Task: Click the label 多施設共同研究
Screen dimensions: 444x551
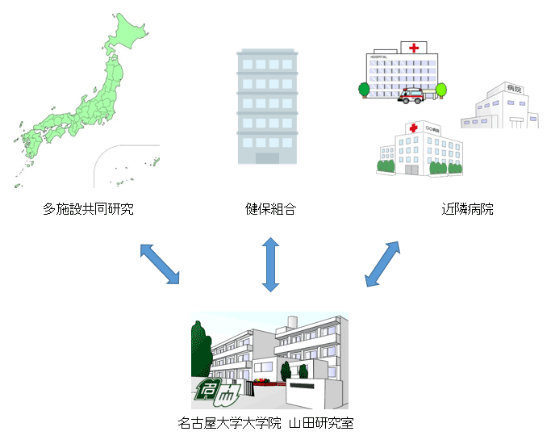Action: (88, 209)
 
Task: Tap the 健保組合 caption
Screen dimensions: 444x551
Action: (270, 209)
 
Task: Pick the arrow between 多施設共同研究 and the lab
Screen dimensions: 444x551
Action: (160, 263)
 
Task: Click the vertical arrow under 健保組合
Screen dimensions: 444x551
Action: (270, 264)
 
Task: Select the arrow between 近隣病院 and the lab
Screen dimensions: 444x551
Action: (382, 263)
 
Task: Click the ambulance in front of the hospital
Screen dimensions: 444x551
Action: (411, 96)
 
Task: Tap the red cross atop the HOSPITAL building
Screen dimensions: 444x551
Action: (414, 48)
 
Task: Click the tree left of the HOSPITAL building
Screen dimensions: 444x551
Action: (365, 89)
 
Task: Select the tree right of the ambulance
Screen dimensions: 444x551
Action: (440, 90)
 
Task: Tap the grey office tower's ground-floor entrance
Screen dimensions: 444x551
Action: (267, 158)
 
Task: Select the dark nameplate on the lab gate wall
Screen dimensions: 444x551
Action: (304, 386)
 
